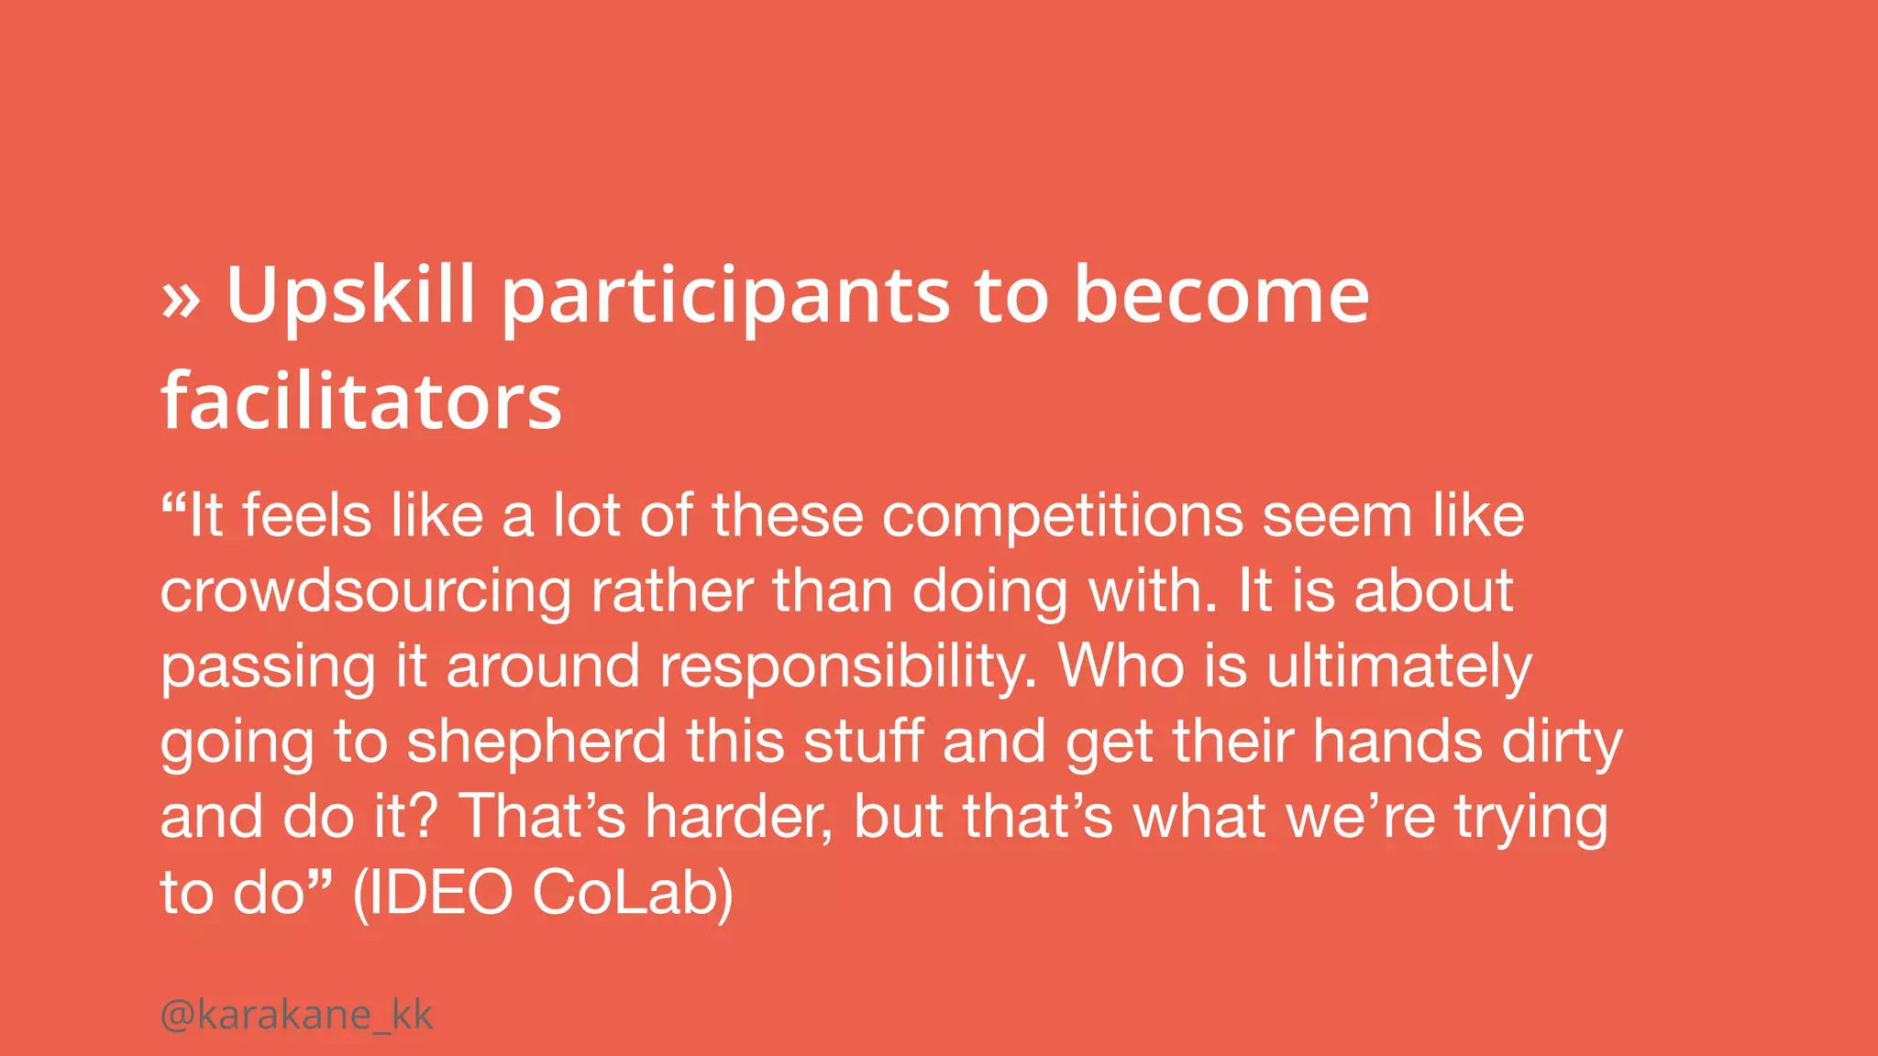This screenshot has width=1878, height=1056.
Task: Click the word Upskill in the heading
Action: tap(350, 295)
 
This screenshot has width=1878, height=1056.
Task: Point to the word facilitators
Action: tap(361, 401)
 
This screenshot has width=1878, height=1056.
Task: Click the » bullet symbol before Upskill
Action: tap(181, 300)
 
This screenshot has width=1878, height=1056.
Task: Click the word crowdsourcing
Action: tap(366, 592)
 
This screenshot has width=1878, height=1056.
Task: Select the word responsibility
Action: tap(848, 667)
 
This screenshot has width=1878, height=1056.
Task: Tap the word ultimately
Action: tap(1399, 667)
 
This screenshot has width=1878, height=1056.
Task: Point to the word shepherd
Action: tap(536, 742)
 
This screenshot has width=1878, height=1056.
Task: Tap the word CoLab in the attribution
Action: tap(633, 892)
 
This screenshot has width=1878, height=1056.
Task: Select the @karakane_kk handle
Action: tap(296, 1015)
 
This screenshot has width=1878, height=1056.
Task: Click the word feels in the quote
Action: tap(307, 516)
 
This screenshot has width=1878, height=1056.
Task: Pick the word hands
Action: tap(1397, 741)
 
